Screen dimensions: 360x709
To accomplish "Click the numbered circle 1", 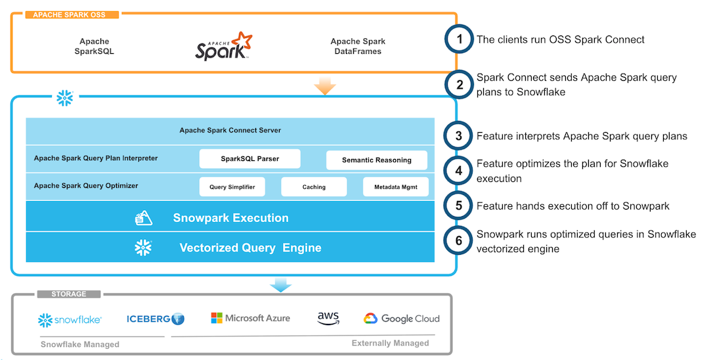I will tap(460, 39).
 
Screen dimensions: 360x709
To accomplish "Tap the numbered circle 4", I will tap(460, 171).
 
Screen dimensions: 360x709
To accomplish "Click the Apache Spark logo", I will tap(223, 46).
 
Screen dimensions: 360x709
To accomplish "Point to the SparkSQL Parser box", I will tap(249, 159).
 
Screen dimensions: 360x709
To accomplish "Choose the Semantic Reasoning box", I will tap(377, 160).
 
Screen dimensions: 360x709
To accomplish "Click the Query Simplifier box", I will tap(228, 187).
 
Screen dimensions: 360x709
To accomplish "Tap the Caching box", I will tap(314, 187).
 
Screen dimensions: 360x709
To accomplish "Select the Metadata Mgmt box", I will tap(396, 187).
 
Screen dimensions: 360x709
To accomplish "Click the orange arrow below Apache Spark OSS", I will tap(325, 86).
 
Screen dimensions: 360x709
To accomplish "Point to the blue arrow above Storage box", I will tap(281, 284).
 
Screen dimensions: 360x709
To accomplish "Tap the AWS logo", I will tap(328, 319).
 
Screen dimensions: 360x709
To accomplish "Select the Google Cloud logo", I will tap(402, 319).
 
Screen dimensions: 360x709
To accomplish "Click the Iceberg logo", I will tap(156, 319).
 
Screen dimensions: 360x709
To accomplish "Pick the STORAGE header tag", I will tap(69, 294).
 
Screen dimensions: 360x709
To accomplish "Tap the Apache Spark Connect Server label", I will tap(230, 130).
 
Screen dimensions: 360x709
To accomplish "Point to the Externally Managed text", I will tap(390, 343).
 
